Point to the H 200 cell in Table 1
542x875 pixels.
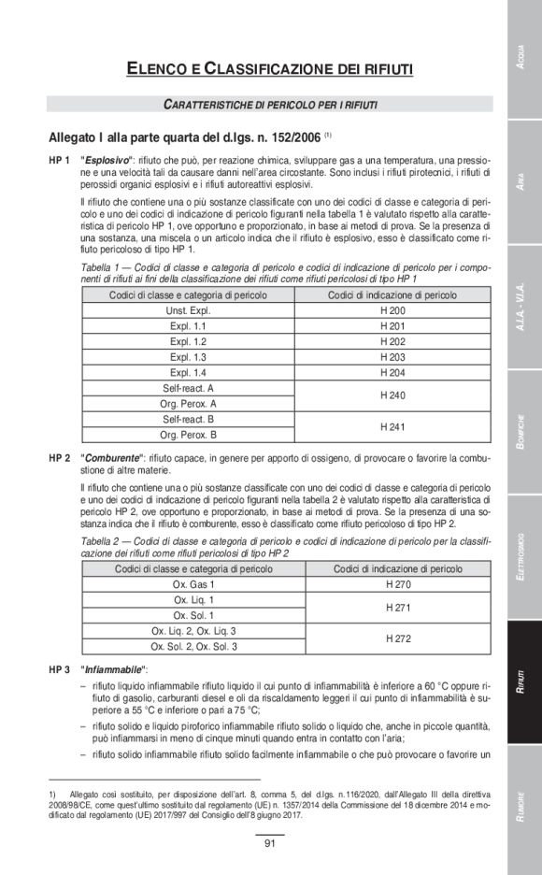click(392, 310)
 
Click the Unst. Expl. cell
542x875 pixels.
click(188, 310)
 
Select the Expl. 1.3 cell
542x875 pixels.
click(188, 357)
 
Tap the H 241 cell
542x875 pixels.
click(392, 427)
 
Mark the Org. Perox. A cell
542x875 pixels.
click(188, 404)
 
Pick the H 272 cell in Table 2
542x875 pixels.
click(397, 638)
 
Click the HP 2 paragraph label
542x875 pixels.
click(60, 459)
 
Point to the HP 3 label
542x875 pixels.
click(60, 670)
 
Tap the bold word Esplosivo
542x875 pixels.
click(109, 160)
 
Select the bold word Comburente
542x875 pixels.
click(113, 459)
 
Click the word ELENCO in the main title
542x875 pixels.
click(160, 68)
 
